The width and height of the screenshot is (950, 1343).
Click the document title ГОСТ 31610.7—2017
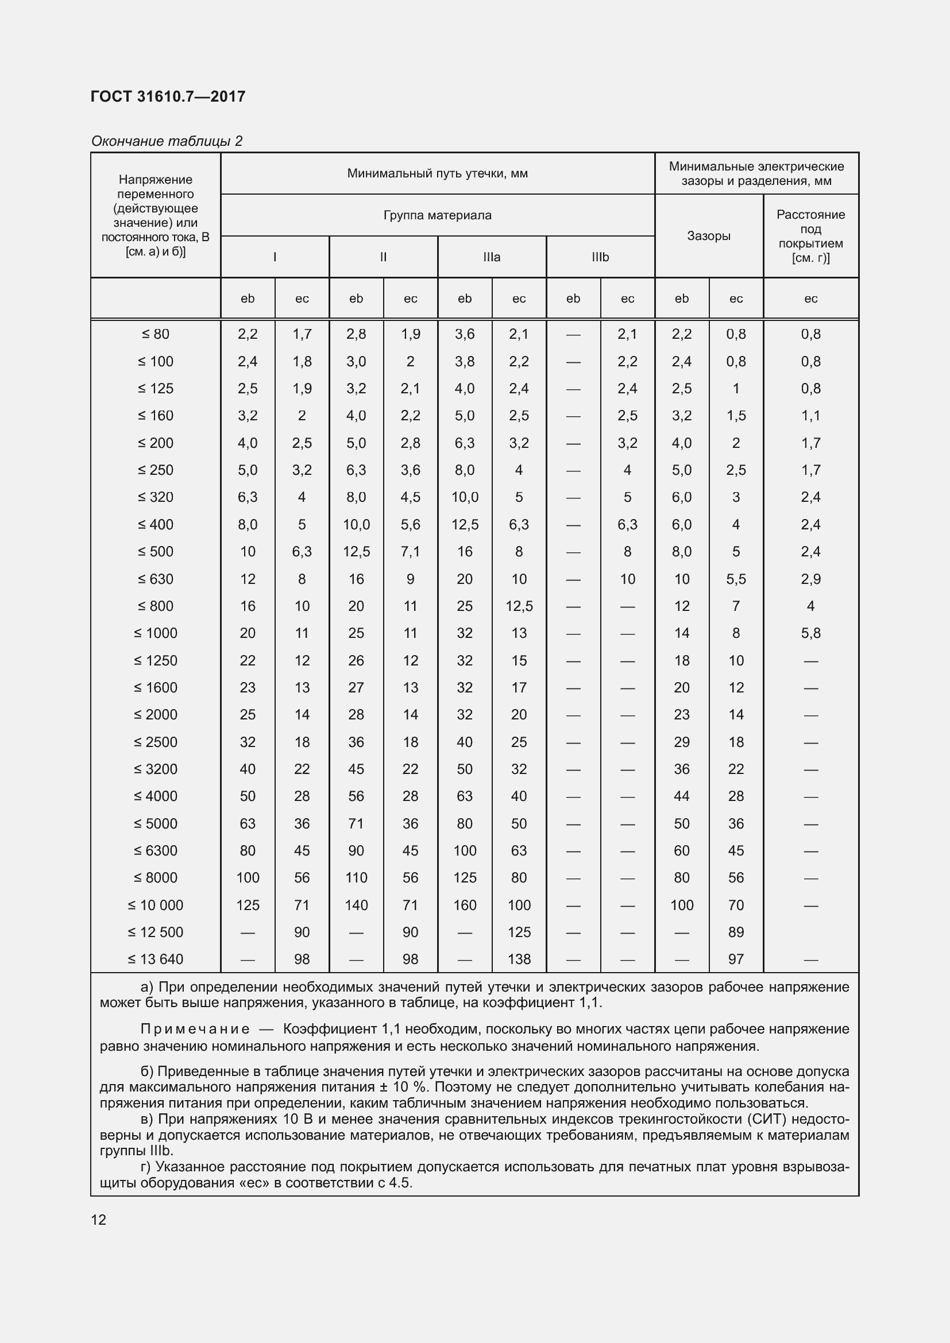click(168, 96)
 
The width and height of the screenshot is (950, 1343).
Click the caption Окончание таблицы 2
click(167, 141)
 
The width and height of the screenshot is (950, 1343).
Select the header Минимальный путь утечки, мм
click(437, 173)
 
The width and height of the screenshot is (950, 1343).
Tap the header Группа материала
click(437, 215)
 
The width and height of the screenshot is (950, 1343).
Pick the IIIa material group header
click(492, 257)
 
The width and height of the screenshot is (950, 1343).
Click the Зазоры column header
click(708, 236)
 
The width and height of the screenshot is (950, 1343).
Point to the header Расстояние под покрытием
click(810, 236)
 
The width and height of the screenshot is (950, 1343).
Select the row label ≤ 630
click(156, 579)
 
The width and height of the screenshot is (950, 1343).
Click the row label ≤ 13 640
click(156, 959)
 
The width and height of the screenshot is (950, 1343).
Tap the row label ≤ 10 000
click(156, 905)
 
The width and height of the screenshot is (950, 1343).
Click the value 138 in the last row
click(519, 959)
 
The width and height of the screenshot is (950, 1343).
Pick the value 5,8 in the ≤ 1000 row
click(810, 633)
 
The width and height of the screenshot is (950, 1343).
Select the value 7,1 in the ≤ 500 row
click(410, 552)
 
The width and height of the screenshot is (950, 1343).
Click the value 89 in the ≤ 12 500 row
click(735, 932)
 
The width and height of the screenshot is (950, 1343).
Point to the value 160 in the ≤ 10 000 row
click(465, 905)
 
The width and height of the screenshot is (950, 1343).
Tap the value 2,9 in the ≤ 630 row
click(810, 579)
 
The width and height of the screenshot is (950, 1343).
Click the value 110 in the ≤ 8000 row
click(356, 878)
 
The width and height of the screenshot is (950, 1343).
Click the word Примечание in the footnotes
click(195, 1029)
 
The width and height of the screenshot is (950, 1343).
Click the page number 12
click(99, 1220)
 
